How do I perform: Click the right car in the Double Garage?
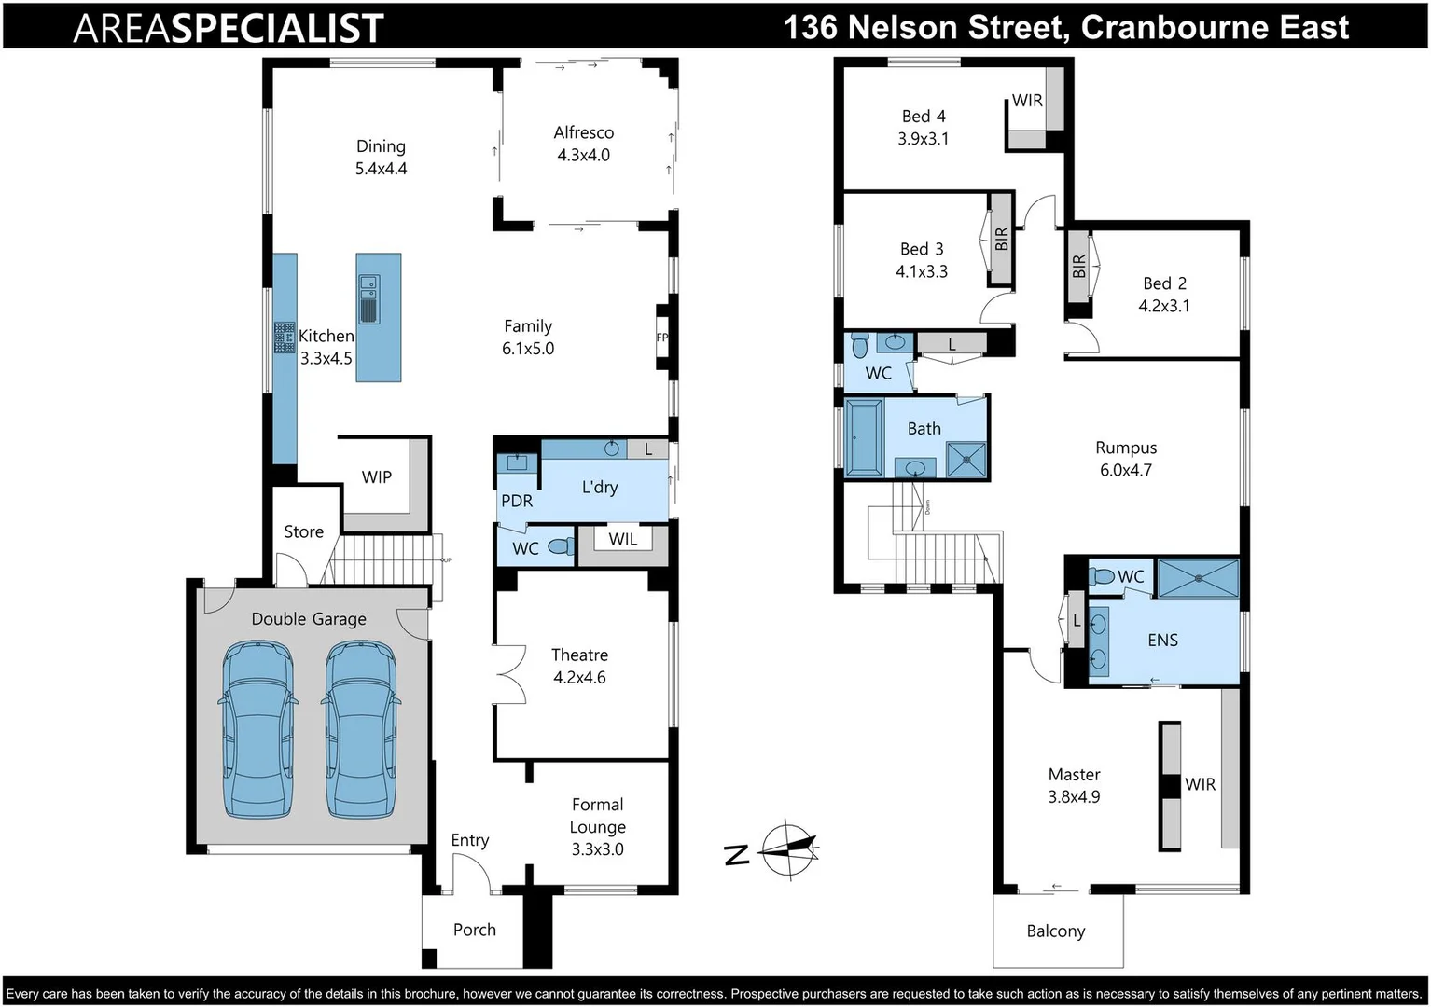(361, 730)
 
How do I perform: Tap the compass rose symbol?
(789, 849)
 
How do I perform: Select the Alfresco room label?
(584, 132)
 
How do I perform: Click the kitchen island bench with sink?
(379, 317)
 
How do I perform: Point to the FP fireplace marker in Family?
(662, 338)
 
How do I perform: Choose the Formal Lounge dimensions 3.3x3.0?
(598, 849)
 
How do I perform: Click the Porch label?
(475, 930)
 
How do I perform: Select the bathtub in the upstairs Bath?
(864, 438)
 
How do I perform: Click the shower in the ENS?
(1198, 578)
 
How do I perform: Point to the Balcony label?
(1056, 931)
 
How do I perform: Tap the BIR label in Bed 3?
(1002, 240)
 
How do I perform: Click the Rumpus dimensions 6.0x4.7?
(1126, 470)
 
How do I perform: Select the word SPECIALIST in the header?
(278, 28)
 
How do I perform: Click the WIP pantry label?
(377, 476)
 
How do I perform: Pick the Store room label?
(304, 531)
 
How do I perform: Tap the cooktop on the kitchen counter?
(284, 337)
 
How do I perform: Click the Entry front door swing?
(472, 872)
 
